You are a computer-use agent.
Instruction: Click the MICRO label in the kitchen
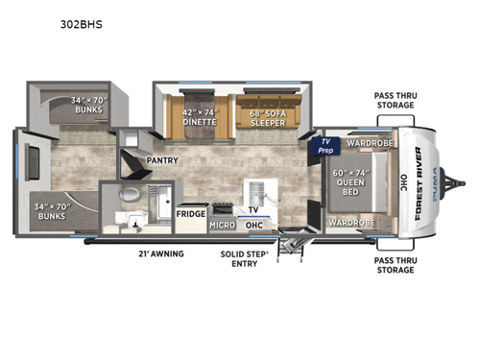tap(223, 225)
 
